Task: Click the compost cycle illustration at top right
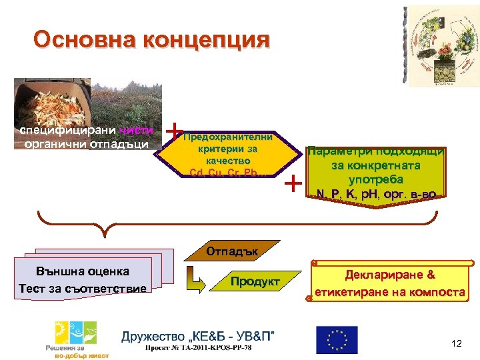point(441,48)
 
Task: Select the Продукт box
point(255,281)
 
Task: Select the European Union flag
point(336,339)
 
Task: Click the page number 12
point(456,343)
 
